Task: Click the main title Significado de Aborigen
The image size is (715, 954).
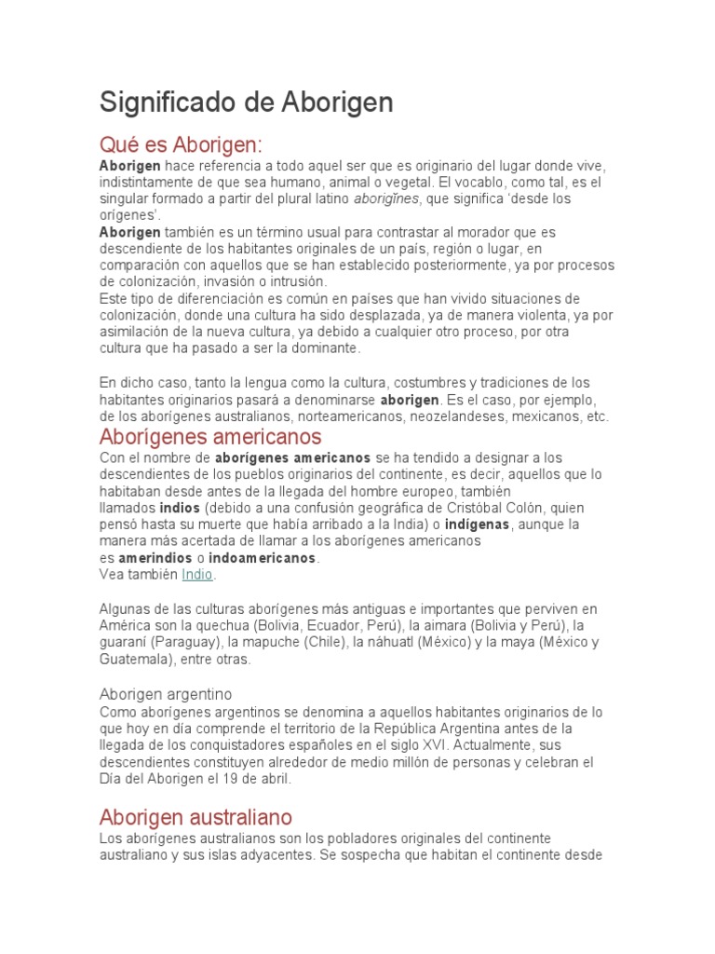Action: (x=246, y=102)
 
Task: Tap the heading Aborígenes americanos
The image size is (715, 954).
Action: (x=210, y=436)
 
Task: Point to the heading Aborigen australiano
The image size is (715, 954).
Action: (x=196, y=817)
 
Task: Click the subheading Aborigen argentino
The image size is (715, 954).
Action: (x=166, y=694)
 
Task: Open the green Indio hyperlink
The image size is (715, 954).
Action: (x=197, y=575)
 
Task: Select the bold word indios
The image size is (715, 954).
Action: (x=180, y=508)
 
